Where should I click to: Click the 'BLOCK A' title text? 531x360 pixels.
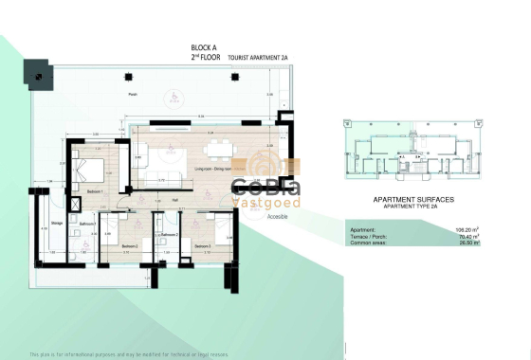[x=206, y=47]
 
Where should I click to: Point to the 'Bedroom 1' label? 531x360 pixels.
[x=96, y=192]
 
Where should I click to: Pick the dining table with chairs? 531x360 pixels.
[x=219, y=146]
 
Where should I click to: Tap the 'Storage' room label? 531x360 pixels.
[x=56, y=224]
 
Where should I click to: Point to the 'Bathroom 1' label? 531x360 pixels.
[x=86, y=225]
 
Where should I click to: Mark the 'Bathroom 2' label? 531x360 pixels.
[x=170, y=234]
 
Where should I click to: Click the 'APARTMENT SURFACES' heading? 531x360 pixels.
[x=413, y=200]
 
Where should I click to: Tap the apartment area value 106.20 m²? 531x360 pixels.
[x=465, y=230]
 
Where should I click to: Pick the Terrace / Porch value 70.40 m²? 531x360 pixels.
[x=466, y=237]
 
